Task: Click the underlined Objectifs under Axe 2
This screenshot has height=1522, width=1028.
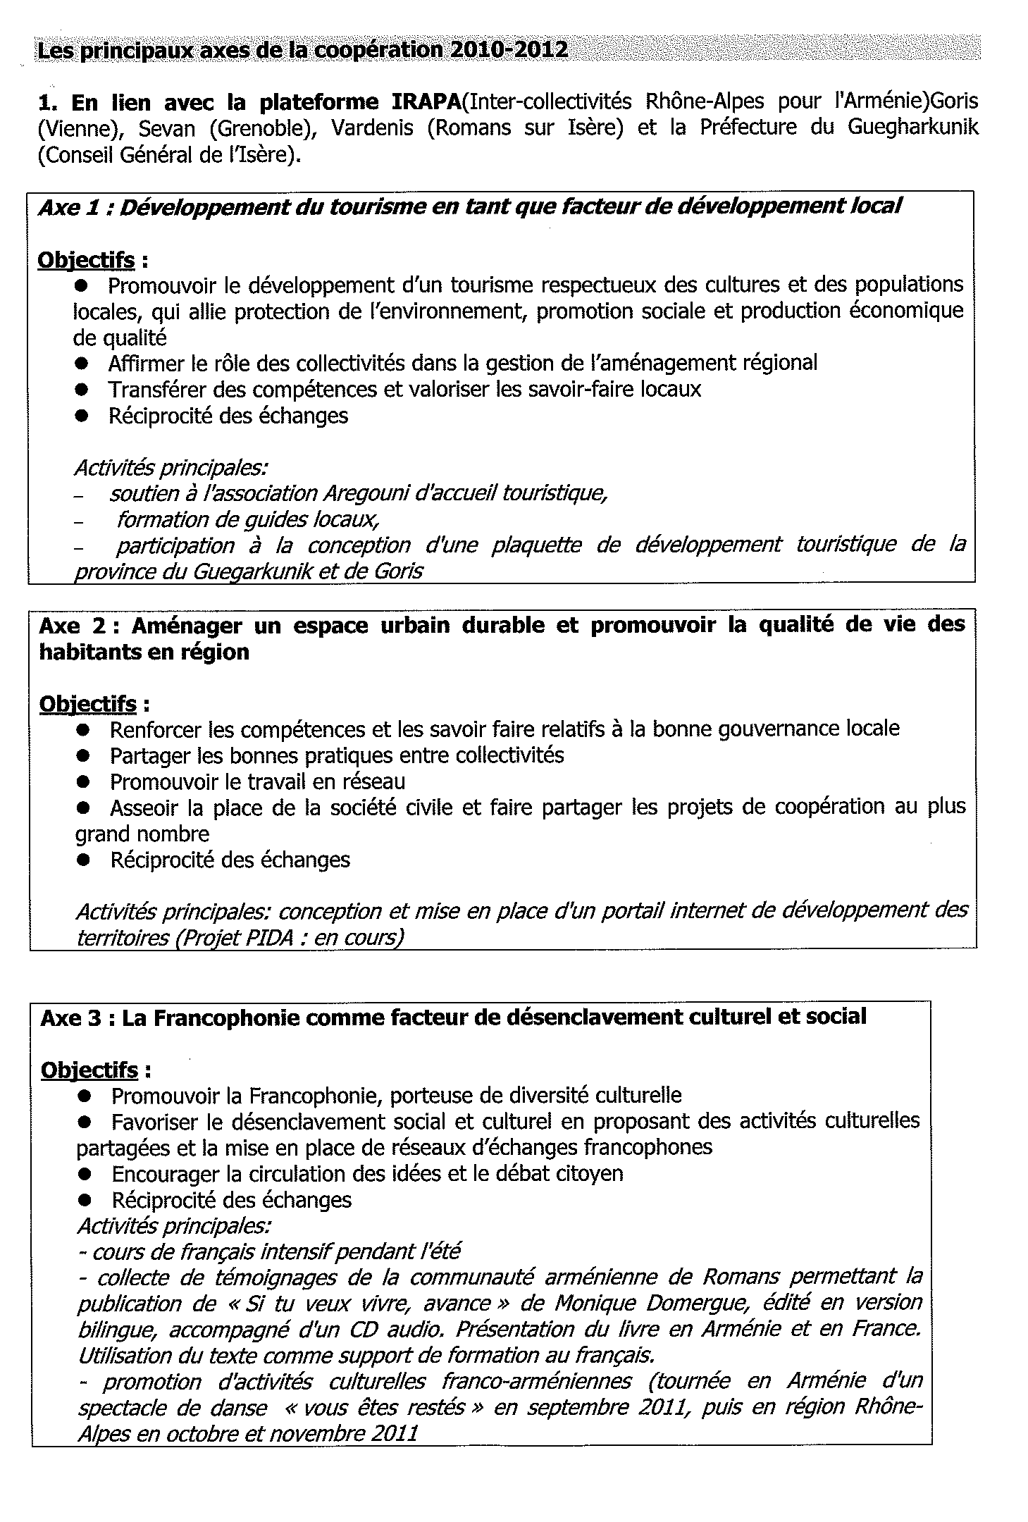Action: pos(87,704)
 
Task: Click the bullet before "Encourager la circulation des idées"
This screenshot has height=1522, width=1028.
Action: pos(86,1174)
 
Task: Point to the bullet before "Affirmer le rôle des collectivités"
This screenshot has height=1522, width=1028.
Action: pos(83,364)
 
